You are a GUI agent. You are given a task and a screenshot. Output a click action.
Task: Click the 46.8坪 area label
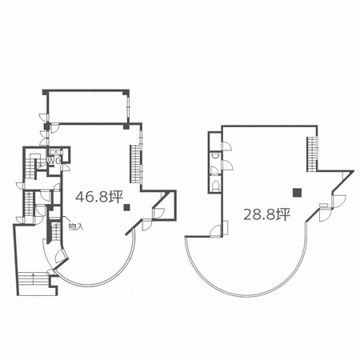tap(99, 197)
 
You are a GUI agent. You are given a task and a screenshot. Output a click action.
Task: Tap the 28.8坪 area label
tap(266, 214)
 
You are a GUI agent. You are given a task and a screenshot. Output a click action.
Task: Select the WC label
tap(54, 160)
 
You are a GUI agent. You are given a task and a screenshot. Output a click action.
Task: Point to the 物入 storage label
tap(76, 226)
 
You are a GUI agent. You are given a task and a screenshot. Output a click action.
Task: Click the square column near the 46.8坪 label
tap(126, 207)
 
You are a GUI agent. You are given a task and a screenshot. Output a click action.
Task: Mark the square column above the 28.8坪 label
tap(297, 192)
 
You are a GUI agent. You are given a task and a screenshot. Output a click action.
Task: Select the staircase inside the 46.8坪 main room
tap(135, 164)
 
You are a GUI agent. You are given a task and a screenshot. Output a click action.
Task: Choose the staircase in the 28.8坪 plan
tap(312, 154)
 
